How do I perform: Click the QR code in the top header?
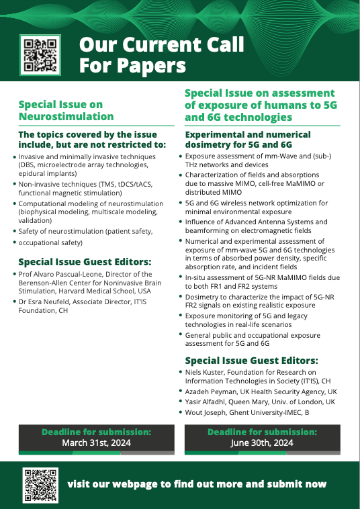click(x=42, y=55)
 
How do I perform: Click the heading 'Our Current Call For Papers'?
click(x=161, y=55)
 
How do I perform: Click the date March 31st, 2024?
click(x=96, y=443)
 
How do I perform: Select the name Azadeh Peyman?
click(x=216, y=391)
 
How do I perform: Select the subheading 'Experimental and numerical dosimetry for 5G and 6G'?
click(x=248, y=139)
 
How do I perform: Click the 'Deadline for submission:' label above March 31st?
click(x=96, y=432)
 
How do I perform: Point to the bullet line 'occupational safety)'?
click(x=50, y=242)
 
